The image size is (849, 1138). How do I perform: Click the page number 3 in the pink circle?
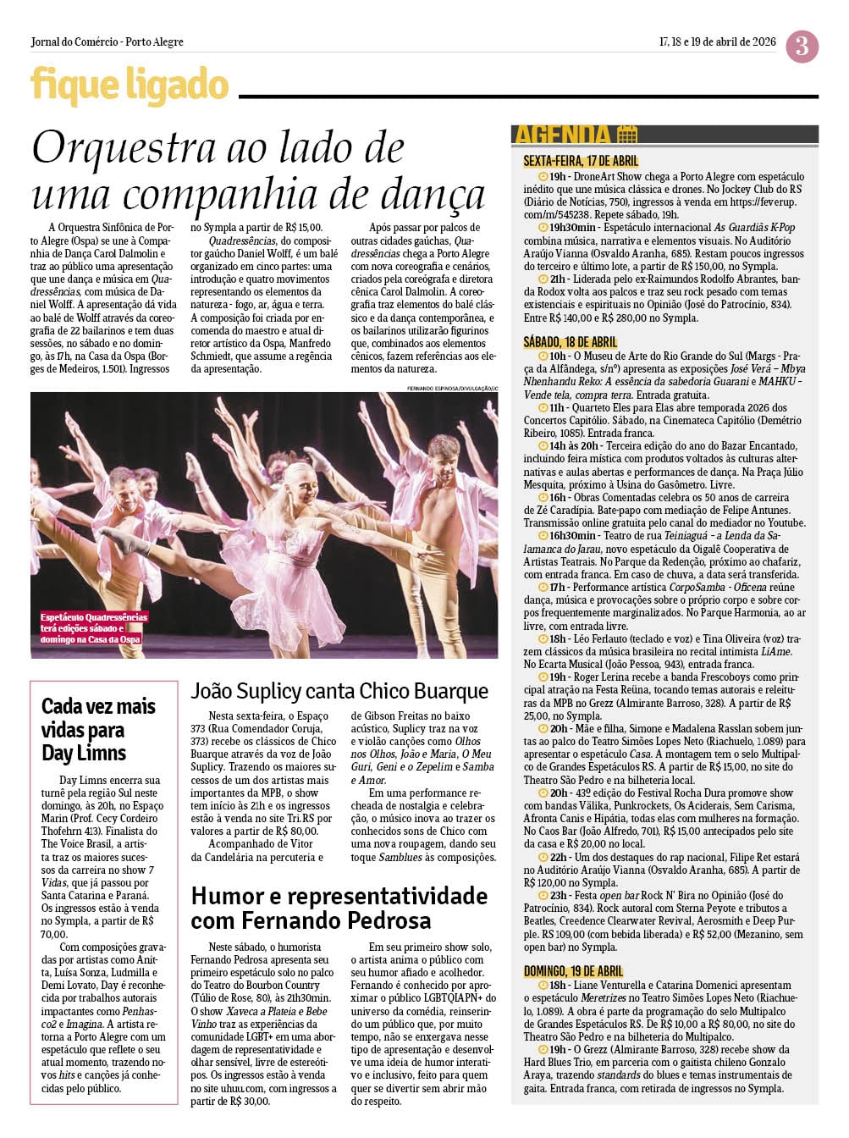tap(801, 46)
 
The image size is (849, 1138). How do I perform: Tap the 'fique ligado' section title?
tap(130, 86)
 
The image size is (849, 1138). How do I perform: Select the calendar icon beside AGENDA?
tap(626, 135)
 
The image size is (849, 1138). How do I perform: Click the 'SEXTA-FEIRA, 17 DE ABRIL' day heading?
tap(581, 161)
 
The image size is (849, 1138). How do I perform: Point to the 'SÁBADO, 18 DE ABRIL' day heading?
tap(571, 342)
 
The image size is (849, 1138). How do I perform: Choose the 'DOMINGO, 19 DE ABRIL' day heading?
tap(573, 971)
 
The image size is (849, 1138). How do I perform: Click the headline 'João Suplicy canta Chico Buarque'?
tap(339, 691)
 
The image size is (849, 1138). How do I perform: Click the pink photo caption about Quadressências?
tap(93, 628)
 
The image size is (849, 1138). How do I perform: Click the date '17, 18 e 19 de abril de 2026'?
tap(717, 41)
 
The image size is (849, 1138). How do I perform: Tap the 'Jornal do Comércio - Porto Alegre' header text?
tap(107, 41)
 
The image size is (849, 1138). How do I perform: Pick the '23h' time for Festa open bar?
tap(558, 895)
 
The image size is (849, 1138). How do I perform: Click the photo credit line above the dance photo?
tap(452, 389)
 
